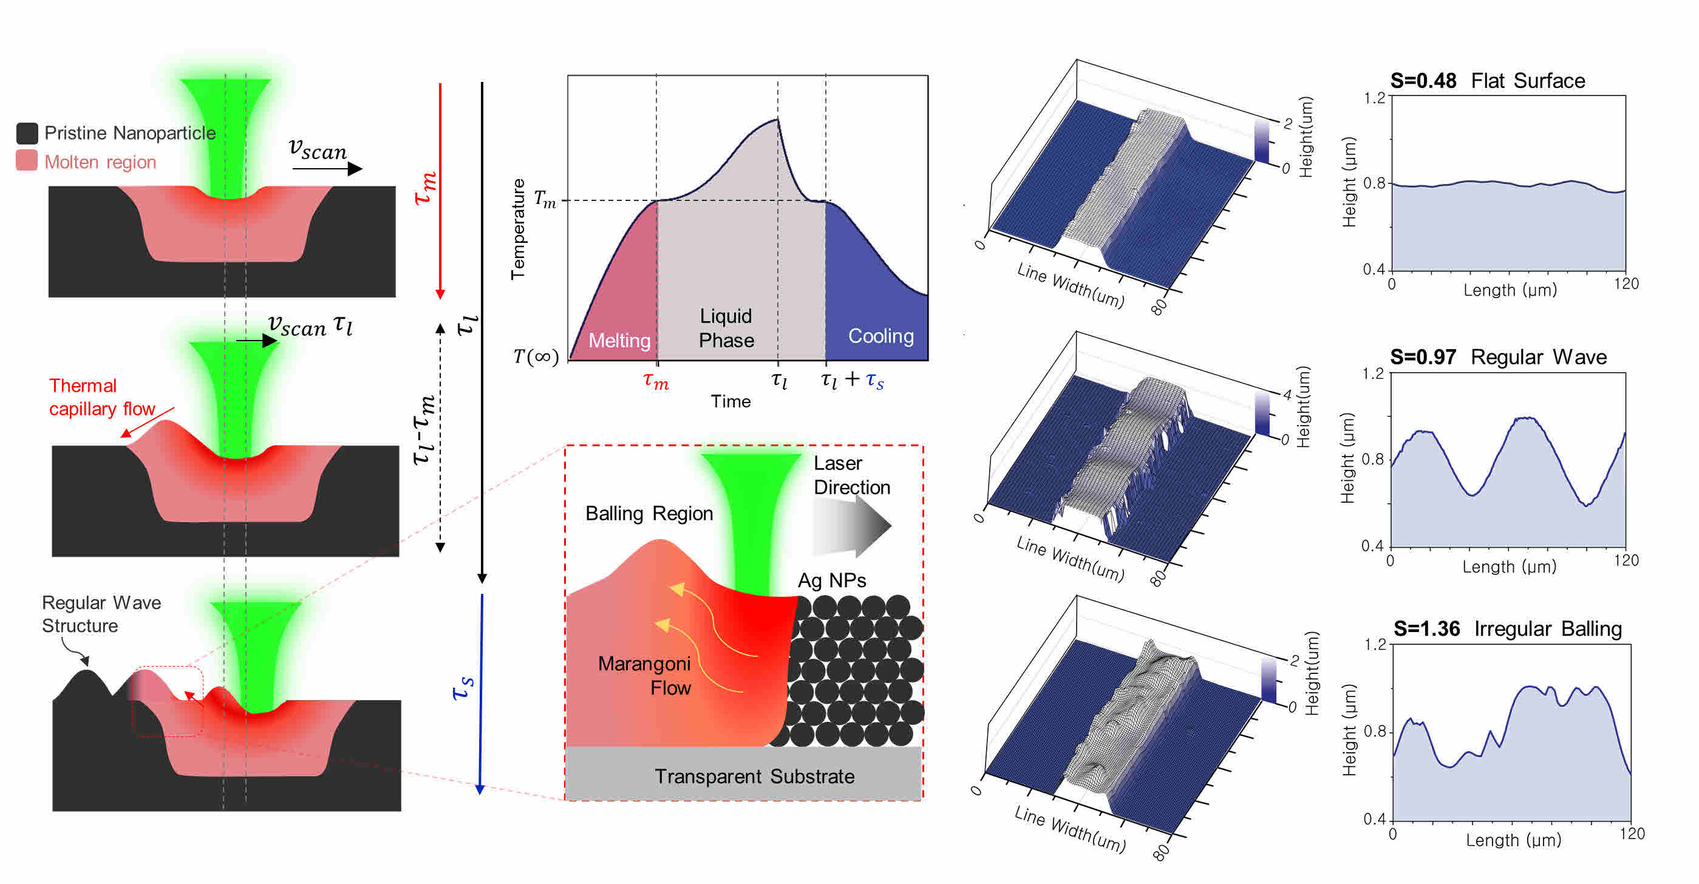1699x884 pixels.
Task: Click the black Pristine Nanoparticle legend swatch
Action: (x=26, y=133)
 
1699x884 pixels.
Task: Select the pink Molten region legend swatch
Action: (x=26, y=160)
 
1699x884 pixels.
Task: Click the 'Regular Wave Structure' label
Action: (x=100, y=614)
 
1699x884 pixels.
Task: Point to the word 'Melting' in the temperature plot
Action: (x=619, y=341)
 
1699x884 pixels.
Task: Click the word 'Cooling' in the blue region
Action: (x=880, y=336)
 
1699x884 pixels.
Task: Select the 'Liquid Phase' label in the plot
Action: (x=726, y=328)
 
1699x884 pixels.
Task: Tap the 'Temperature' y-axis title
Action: (x=518, y=229)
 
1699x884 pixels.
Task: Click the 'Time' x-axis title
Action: (x=730, y=401)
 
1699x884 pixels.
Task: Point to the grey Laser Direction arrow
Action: (x=851, y=526)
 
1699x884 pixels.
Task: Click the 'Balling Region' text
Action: (x=649, y=513)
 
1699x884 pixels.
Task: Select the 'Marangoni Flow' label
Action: (x=644, y=676)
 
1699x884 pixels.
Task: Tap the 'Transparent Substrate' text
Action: (x=754, y=776)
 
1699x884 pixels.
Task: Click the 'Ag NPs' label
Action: (x=831, y=580)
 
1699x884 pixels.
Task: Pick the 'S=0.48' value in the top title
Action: (x=1423, y=81)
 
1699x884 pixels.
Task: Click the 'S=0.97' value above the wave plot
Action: (x=1423, y=357)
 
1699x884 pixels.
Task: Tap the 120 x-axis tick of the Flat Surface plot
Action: (x=1626, y=284)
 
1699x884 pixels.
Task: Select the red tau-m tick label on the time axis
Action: (x=656, y=381)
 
